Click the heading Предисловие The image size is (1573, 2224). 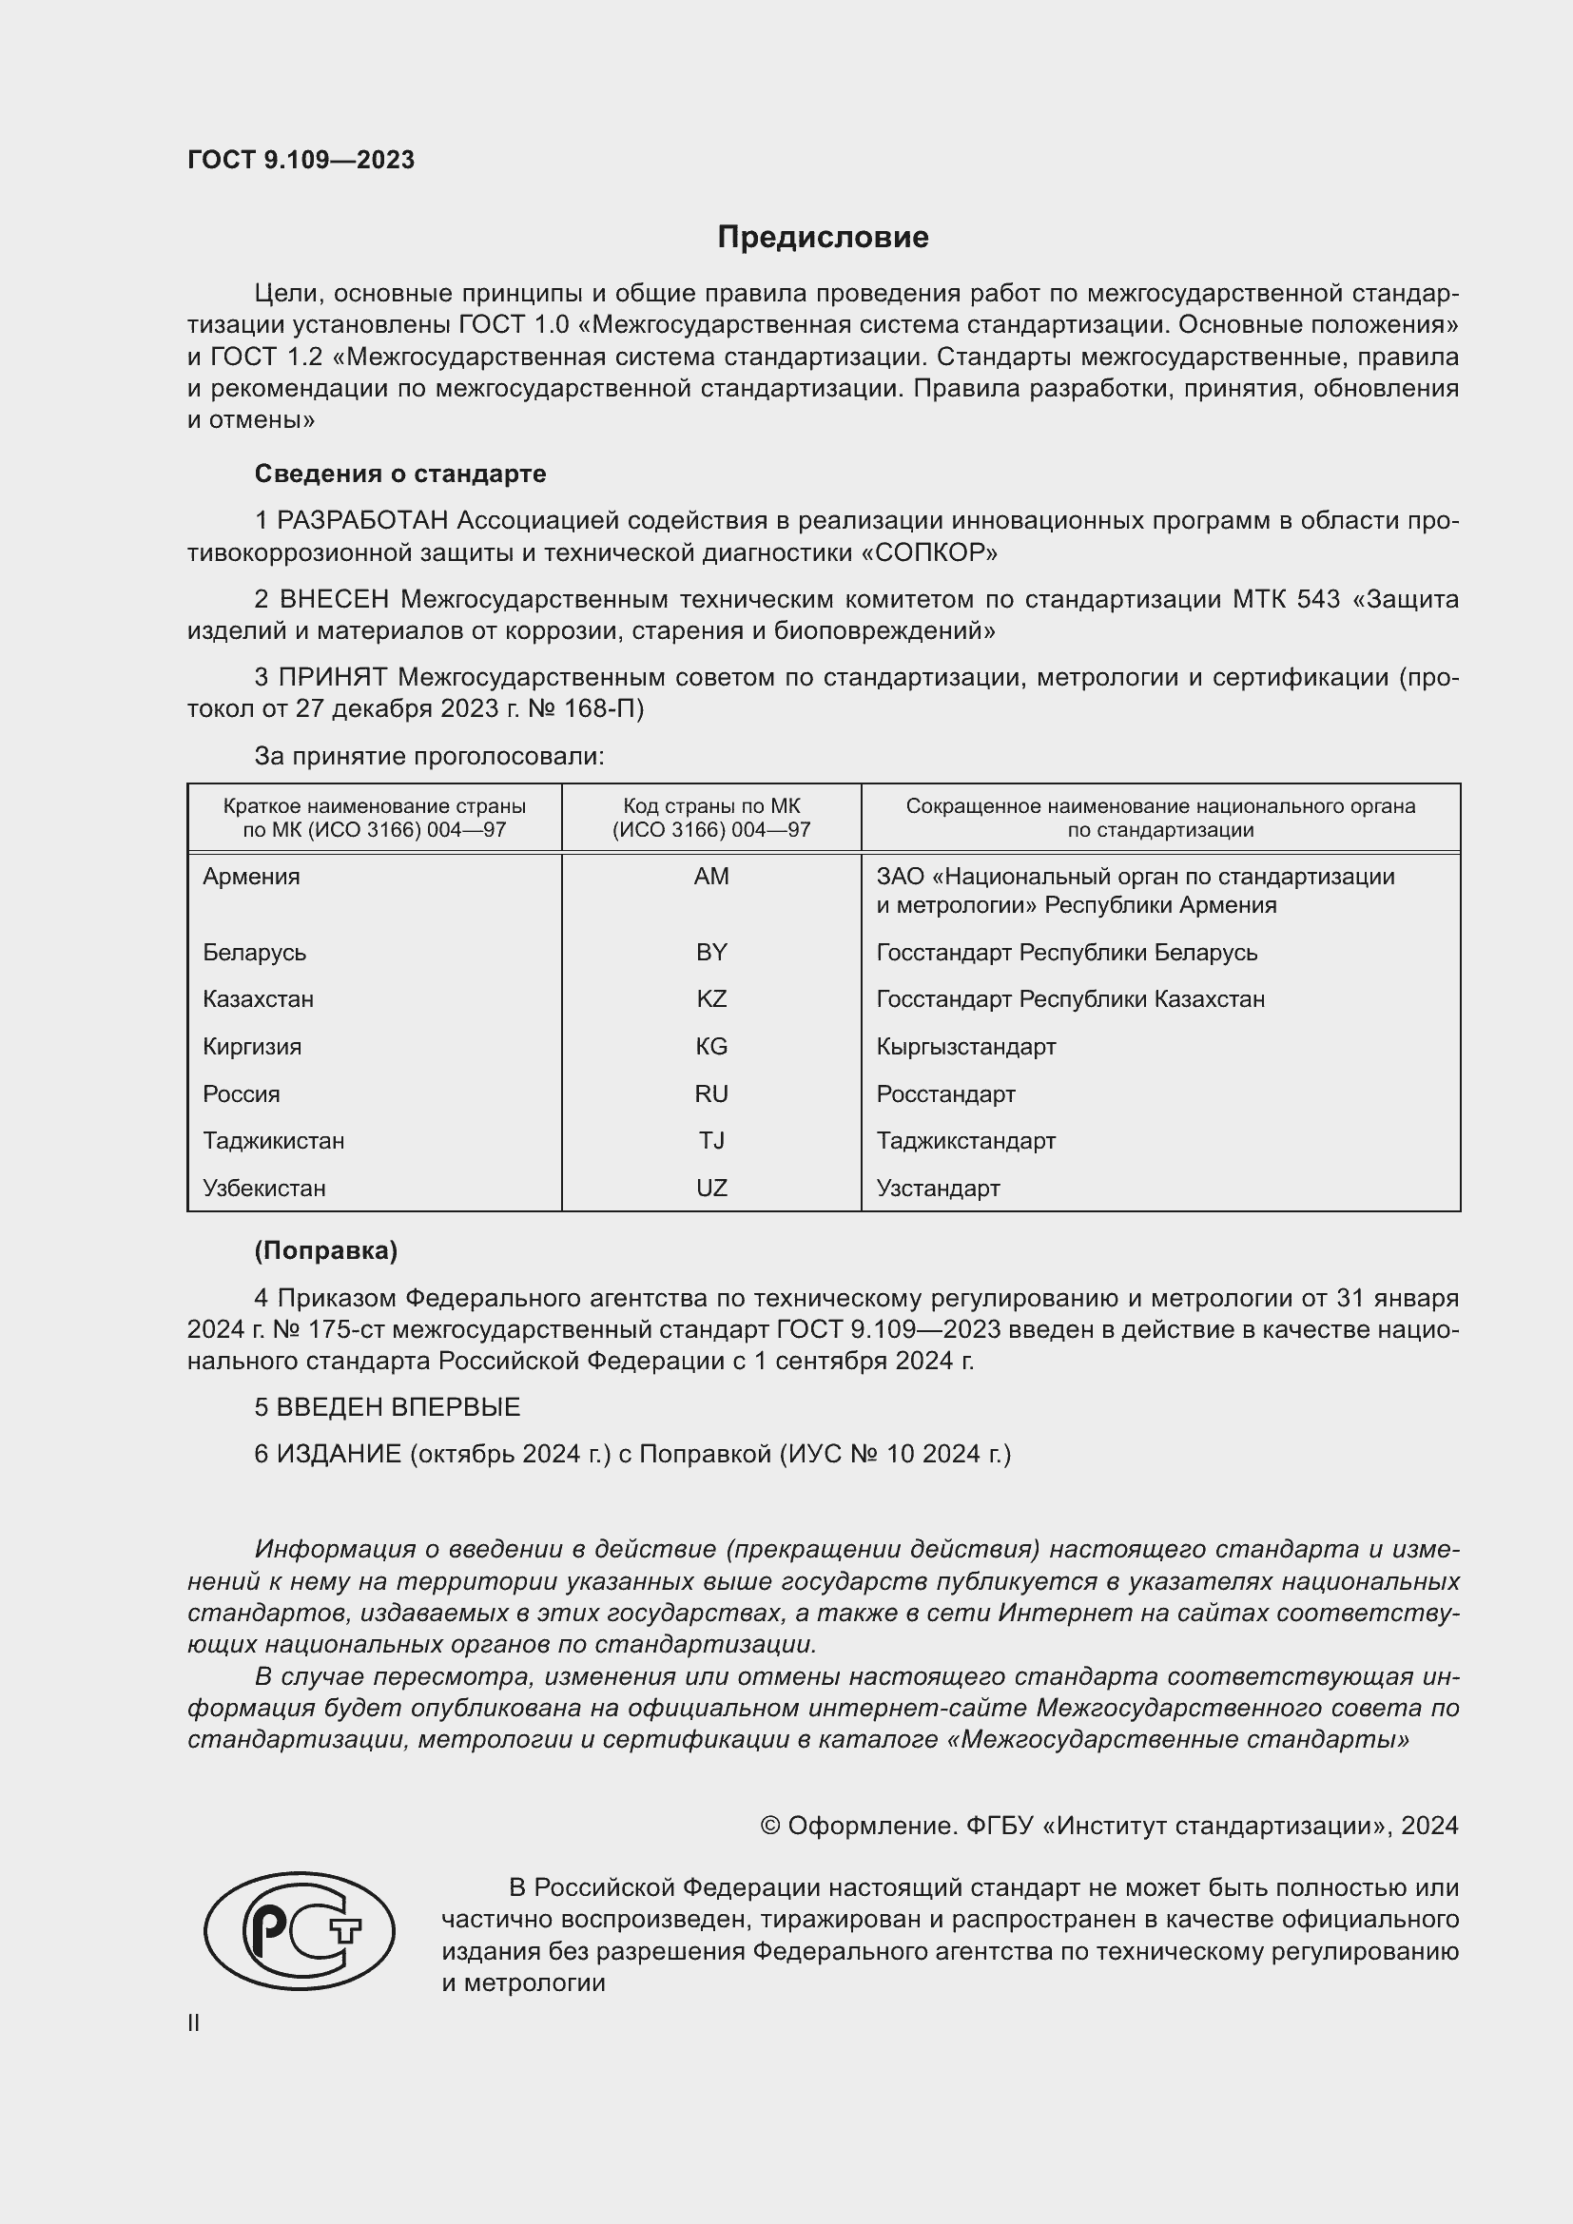[x=823, y=238]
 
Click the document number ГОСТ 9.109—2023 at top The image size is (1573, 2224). [x=301, y=160]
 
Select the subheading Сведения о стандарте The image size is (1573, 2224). [x=400, y=474]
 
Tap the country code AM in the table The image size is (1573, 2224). [x=711, y=877]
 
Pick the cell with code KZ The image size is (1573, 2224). [x=711, y=998]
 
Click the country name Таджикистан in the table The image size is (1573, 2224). [x=273, y=1140]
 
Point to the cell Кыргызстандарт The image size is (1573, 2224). [x=965, y=1046]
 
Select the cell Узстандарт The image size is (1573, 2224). [x=938, y=1188]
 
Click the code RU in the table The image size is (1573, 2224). [x=711, y=1093]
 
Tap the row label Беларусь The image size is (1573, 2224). [x=254, y=952]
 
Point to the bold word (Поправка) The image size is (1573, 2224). [x=325, y=1250]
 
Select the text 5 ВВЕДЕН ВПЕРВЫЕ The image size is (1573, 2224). [x=387, y=1406]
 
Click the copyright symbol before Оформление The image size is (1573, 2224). [x=770, y=1826]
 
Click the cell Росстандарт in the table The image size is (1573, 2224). [x=945, y=1093]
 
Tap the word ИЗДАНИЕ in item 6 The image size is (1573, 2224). [x=338, y=1454]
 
